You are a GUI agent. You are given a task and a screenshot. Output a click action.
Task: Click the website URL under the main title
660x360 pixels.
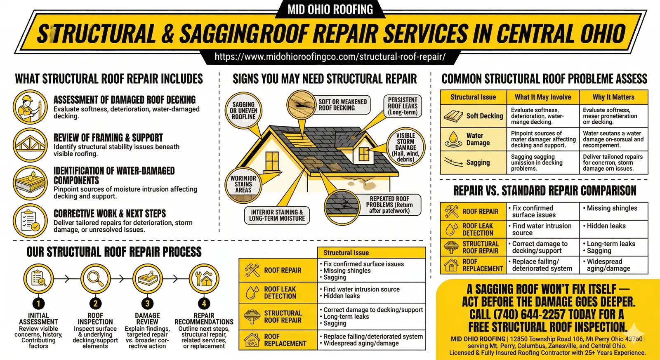(x=330, y=57)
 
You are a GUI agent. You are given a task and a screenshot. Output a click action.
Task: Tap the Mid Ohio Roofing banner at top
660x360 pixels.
(x=330, y=9)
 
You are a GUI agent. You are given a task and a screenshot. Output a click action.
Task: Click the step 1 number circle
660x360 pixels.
(x=38, y=304)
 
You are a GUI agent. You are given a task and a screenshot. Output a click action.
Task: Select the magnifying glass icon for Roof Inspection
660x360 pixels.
(x=95, y=279)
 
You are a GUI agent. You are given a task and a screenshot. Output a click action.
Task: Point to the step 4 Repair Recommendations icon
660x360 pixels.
(x=204, y=279)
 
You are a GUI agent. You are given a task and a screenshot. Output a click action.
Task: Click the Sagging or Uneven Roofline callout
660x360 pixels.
(x=243, y=111)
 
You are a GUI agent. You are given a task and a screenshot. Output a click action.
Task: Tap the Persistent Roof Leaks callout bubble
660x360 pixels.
(x=403, y=106)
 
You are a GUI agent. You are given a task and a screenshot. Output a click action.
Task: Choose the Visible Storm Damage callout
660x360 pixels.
(x=405, y=147)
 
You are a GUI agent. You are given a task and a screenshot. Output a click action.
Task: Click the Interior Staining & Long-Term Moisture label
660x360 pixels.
(x=277, y=215)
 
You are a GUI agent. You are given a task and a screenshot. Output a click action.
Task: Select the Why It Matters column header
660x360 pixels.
(x=613, y=97)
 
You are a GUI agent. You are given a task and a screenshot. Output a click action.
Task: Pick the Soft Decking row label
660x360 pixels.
(x=484, y=116)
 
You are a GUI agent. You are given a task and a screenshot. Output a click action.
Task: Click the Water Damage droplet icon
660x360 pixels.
(x=453, y=139)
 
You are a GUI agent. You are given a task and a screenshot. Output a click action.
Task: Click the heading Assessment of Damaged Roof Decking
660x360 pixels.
(x=125, y=100)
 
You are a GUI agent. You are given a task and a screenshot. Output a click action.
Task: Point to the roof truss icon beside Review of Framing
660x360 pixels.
(x=30, y=145)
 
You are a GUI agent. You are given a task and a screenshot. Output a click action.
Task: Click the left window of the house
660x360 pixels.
(x=272, y=161)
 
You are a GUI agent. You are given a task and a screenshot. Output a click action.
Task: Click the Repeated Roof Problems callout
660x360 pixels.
(x=389, y=205)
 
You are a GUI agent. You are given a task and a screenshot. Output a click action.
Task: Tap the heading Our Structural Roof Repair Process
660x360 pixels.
(x=114, y=252)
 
